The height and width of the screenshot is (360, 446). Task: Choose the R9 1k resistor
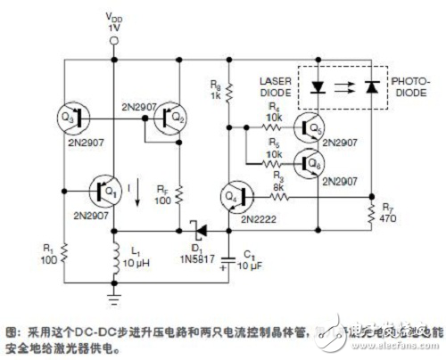coord(229,90)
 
